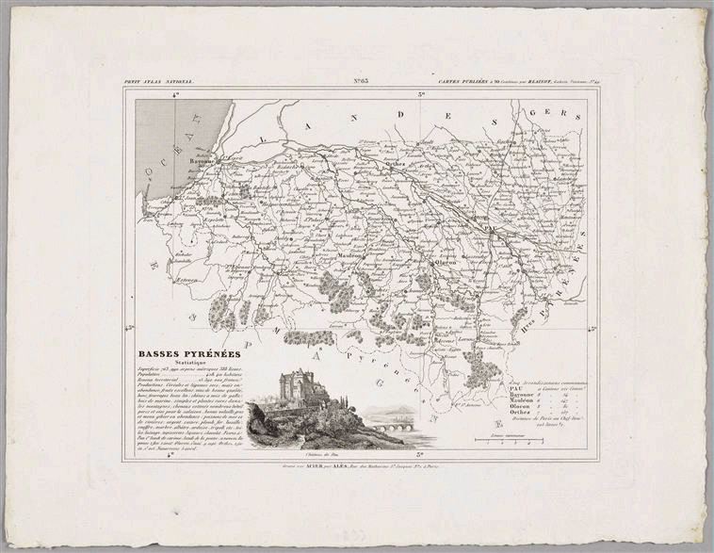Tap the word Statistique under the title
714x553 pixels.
click(x=177, y=366)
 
